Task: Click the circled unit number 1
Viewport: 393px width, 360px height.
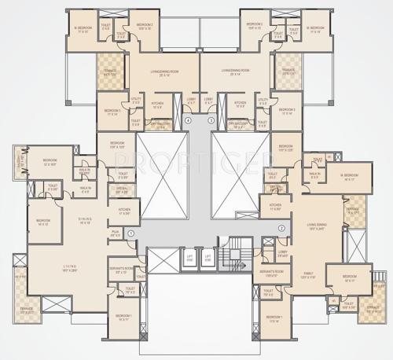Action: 131,233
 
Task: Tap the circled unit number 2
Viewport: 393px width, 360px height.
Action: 281,229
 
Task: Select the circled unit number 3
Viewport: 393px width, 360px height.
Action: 211,119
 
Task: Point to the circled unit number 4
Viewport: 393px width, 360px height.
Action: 189,119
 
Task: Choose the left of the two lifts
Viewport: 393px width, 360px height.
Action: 189,259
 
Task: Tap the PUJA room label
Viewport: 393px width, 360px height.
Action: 114,233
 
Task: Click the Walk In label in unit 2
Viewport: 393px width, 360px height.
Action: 314,175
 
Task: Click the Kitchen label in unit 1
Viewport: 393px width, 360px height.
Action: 124,211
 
